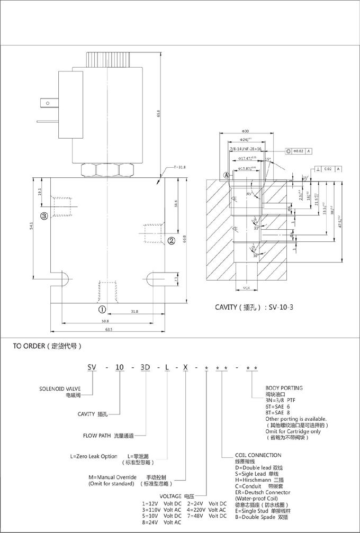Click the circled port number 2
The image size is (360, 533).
click(172, 241)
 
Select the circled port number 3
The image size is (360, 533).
click(44, 215)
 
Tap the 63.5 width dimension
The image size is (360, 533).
click(109, 329)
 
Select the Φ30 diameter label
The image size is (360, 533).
click(245, 131)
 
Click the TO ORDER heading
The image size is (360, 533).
click(48, 347)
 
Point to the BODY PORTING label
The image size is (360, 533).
click(284, 388)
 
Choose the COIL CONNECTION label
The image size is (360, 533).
click(258, 455)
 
